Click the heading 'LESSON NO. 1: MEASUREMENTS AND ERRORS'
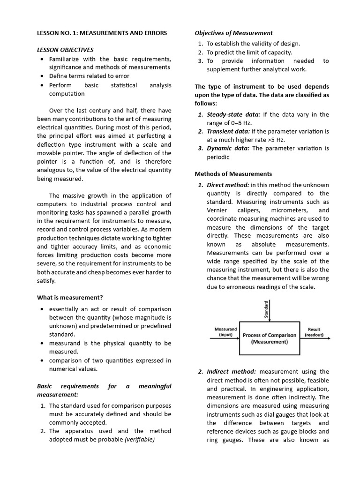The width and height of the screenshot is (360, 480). point(102,33)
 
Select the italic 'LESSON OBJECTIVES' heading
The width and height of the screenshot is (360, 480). point(65,50)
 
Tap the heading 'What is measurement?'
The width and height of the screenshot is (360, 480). point(70,297)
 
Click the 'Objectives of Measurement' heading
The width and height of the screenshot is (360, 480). point(233,33)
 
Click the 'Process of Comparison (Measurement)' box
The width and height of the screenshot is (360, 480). point(269,338)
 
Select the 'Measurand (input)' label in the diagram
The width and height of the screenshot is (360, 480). point(225,332)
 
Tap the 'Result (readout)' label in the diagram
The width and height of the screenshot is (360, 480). point(314,332)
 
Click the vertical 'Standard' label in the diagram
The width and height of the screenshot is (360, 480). point(267,310)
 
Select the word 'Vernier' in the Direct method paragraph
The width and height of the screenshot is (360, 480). point(217,210)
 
